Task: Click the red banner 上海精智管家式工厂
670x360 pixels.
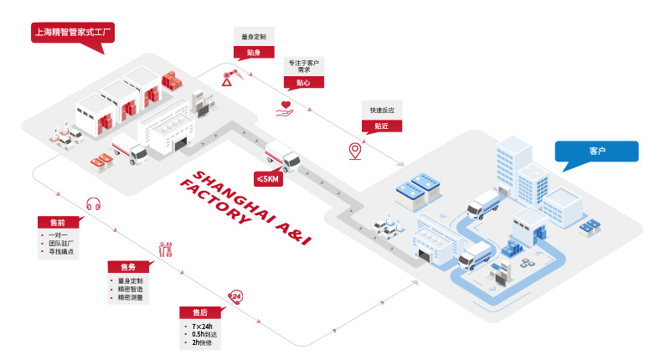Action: [x=71, y=34]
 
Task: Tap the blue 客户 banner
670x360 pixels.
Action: [x=597, y=151]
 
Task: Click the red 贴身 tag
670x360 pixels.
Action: [x=253, y=53]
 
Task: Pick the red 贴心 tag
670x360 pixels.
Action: [x=303, y=85]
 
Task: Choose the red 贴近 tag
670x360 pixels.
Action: [x=381, y=126]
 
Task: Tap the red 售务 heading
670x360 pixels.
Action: [x=127, y=266]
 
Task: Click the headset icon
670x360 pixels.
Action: [x=94, y=203]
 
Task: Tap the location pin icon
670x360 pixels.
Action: [x=355, y=152]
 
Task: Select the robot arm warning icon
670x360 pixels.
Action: [x=229, y=78]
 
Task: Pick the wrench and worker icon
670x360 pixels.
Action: [x=165, y=249]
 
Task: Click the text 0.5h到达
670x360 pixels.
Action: [x=205, y=334]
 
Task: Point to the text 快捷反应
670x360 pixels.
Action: [x=381, y=110]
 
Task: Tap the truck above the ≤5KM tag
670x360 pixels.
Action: [x=282, y=157]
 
